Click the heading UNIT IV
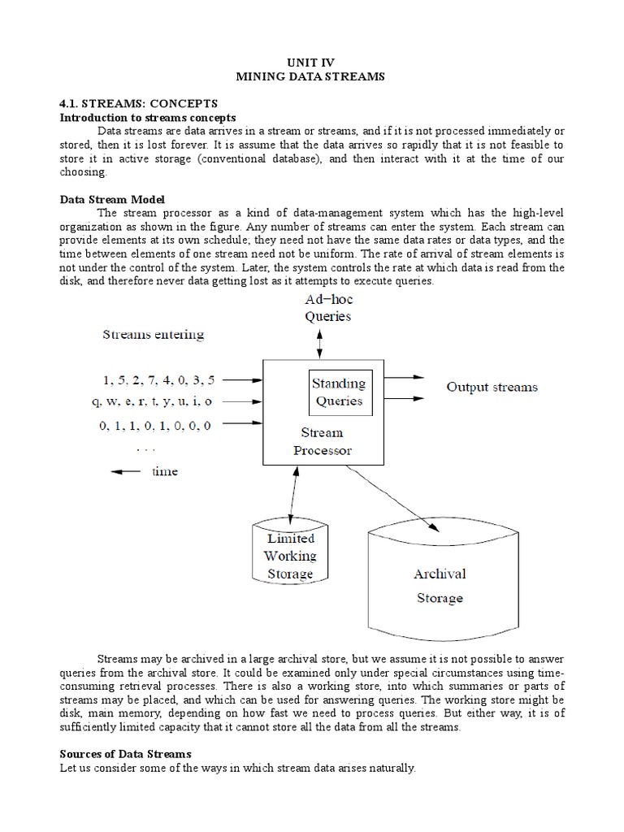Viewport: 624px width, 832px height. pyautogui.click(x=312, y=62)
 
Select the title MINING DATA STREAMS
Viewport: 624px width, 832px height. pyautogui.click(x=312, y=76)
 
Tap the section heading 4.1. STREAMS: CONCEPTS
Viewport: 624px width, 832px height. pyautogui.click(x=139, y=103)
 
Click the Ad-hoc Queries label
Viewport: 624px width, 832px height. pyautogui.click(x=328, y=309)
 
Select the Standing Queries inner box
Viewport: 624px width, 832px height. pyautogui.click(x=339, y=392)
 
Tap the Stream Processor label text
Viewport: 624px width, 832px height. pyautogui.click(x=323, y=441)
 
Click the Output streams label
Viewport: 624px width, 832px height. pyautogui.click(x=492, y=388)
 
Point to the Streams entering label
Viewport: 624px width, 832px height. pyautogui.click(x=153, y=334)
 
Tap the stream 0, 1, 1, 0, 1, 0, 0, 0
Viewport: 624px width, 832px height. pyautogui.click(x=154, y=423)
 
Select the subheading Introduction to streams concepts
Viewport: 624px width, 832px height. pyautogui.click(x=148, y=118)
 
